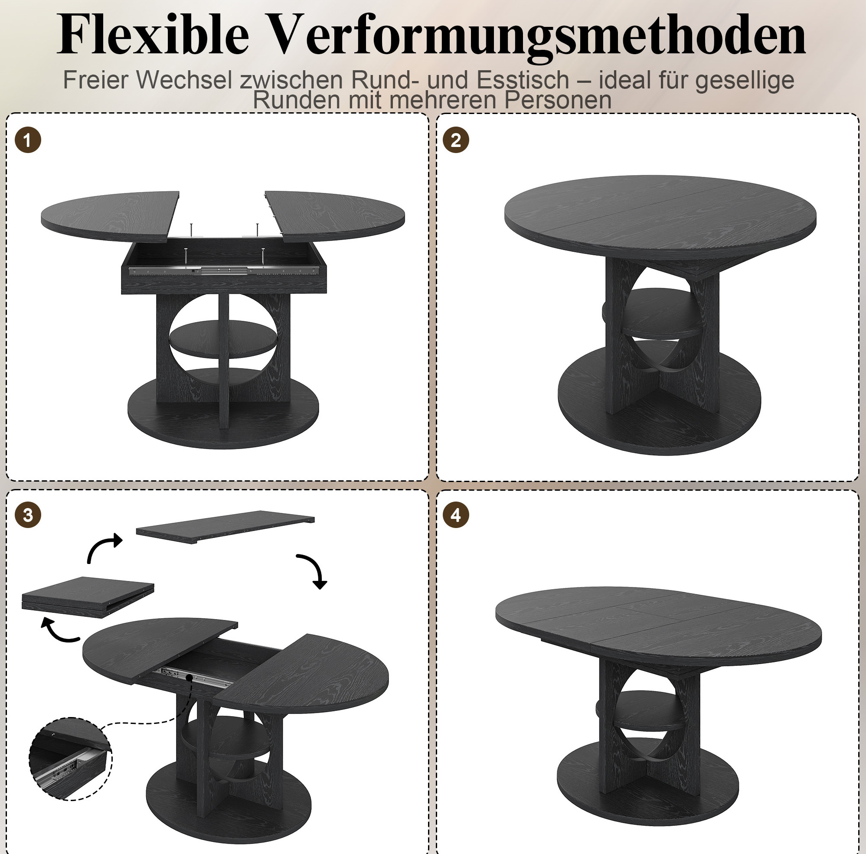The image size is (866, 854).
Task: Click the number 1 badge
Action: [x=28, y=140]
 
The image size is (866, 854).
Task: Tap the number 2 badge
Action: [x=455, y=140]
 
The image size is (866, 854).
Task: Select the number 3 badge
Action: [x=28, y=515]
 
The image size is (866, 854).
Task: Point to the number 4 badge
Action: [x=455, y=515]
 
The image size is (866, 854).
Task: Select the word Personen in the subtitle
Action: [x=558, y=100]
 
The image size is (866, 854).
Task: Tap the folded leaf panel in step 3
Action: [x=88, y=597]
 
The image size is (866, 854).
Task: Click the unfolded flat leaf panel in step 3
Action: [x=225, y=527]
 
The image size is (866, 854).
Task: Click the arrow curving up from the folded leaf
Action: [x=101, y=547]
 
